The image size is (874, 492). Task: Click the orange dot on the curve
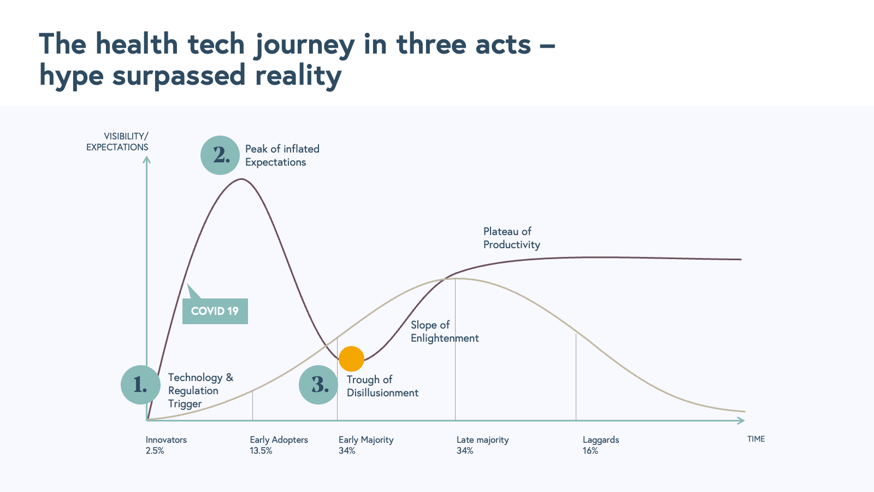point(351,359)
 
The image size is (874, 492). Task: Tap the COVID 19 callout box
point(215,311)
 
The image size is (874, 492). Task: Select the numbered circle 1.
point(140,385)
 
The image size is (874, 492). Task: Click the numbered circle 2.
point(220,155)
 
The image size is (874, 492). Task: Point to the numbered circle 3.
point(318,385)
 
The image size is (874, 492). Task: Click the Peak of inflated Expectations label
point(282,155)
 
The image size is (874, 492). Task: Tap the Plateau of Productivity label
point(511,238)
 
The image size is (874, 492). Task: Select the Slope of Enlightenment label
point(445,331)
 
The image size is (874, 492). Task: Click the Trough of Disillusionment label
point(382,386)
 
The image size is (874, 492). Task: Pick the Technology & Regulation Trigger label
point(200,390)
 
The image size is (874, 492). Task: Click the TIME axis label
point(756,439)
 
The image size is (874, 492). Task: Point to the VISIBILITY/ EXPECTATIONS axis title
point(117,142)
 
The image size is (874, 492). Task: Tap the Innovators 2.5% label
point(166,445)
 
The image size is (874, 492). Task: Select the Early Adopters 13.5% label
point(279,445)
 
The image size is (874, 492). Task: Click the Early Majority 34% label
point(366,445)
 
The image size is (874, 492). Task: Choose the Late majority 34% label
point(483,445)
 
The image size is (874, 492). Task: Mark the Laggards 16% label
point(601,445)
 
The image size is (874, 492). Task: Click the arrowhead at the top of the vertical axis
point(147,159)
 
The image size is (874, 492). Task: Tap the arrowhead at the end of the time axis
point(741,420)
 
